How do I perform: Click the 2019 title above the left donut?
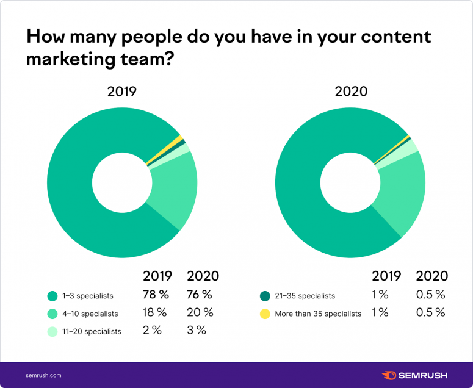(x=121, y=92)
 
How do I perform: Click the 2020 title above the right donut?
(x=351, y=92)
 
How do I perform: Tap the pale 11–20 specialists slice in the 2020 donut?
(x=412, y=146)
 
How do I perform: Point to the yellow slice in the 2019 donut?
(x=178, y=139)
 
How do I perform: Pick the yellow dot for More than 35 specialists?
(x=264, y=314)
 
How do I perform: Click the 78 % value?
(x=156, y=295)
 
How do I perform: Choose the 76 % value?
(x=200, y=295)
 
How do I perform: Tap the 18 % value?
(x=156, y=313)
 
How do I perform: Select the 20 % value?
(x=200, y=313)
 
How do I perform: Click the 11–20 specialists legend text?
(x=91, y=331)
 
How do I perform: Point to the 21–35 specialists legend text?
(x=306, y=296)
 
